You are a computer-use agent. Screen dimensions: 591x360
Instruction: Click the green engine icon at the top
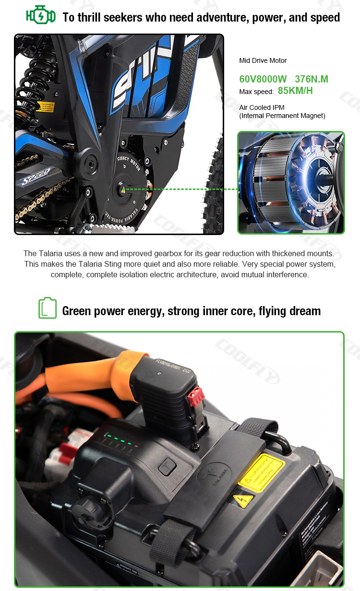coord(40,16)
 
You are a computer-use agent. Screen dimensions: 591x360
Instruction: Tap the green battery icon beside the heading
coord(48,308)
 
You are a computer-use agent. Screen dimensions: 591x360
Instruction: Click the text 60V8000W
coord(263,79)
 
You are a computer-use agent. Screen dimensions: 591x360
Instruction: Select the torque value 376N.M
coord(312,79)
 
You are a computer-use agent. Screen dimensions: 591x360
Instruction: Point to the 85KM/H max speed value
coord(295,91)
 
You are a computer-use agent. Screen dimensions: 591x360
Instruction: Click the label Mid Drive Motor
coord(263,60)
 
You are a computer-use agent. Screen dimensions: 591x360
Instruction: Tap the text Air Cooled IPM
coord(262,107)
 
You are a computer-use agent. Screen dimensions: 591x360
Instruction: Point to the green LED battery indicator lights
coord(120,439)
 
